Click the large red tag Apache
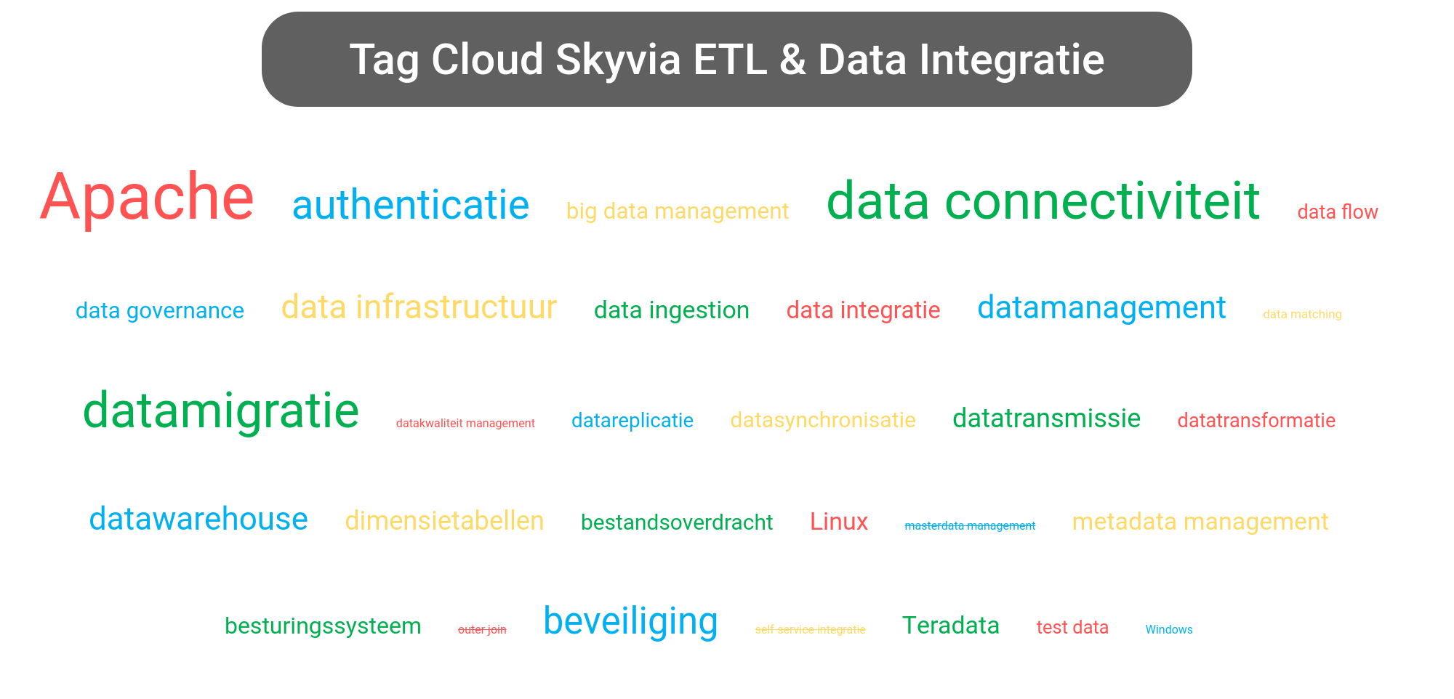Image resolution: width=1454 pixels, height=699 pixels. [147, 198]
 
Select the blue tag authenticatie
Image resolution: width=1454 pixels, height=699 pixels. [410, 206]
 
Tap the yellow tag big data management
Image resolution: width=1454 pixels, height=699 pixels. [677, 211]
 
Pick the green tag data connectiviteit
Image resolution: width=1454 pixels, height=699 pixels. [1043, 201]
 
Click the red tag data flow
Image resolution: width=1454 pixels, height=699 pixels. [1337, 212]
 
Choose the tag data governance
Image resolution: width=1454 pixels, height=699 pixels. [159, 311]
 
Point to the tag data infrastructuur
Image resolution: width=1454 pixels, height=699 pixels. [419, 307]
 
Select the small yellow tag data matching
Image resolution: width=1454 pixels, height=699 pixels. [1301, 315]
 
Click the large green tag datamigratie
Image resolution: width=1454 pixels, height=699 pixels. [221, 411]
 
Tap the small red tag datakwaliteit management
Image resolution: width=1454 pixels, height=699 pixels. [465, 424]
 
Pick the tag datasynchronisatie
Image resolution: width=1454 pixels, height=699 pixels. [822, 421]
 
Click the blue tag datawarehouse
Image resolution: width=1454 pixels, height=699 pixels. [198, 520]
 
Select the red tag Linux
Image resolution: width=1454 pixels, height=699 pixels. [838, 522]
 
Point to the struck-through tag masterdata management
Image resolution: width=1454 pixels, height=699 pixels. [969, 526]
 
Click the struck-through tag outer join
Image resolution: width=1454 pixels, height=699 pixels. [481, 630]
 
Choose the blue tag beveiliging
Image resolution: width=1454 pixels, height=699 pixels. [630, 622]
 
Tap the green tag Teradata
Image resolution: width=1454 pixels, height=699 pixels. [950, 626]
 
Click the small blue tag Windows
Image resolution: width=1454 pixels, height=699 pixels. [1168, 630]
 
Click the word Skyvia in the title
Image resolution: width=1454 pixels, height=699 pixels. [618, 60]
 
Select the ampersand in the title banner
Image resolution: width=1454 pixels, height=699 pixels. [792, 60]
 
